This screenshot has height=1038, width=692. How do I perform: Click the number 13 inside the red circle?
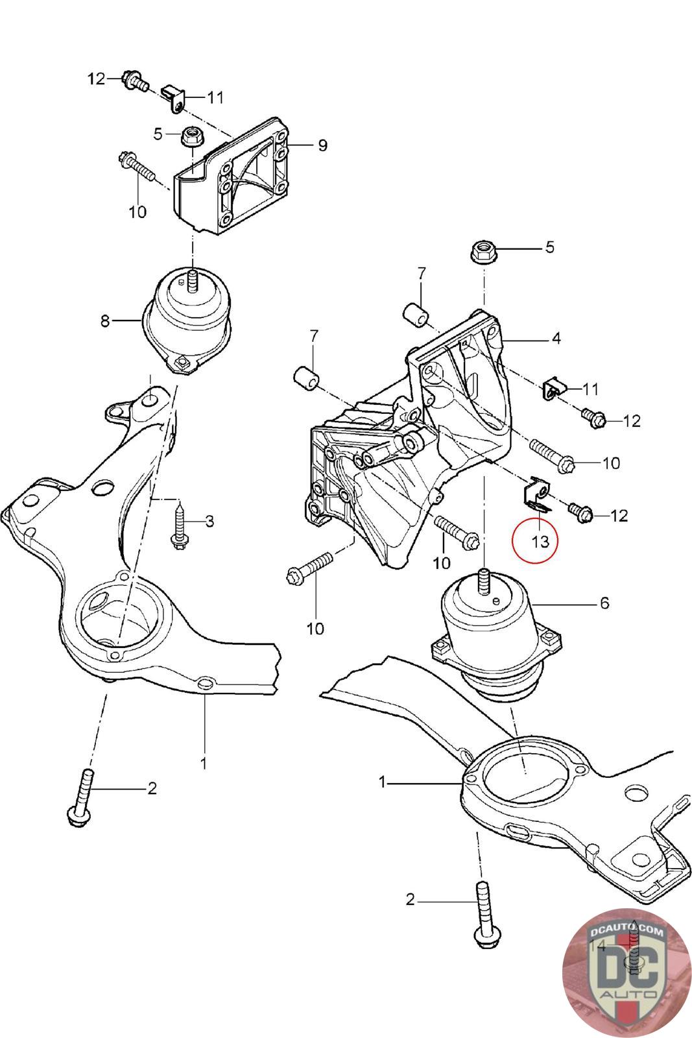point(540,540)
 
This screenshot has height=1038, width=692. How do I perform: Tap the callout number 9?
point(322,145)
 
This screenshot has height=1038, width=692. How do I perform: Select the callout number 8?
point(106,320)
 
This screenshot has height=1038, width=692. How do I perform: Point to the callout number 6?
point(604,603)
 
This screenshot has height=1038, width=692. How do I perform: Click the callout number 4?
point(556,338)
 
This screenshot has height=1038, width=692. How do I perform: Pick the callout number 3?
point(209,521)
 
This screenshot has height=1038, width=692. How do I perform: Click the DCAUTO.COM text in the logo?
point(627,932)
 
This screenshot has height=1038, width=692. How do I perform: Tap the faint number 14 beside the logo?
point(597,946)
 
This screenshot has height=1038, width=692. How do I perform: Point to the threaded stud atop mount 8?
point(192,280)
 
